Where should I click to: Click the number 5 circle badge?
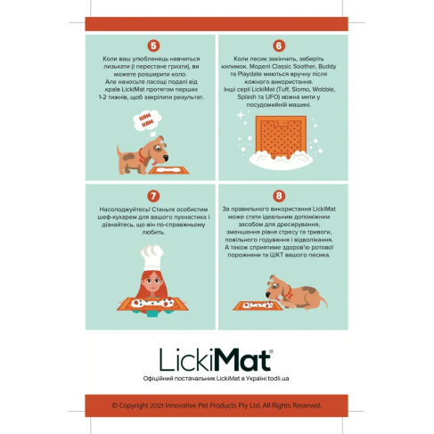pyautogui.click(x=152, y=45)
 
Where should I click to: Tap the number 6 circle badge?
pyautogui.click(x=279, y=45)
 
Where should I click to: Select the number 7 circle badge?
pyautogui.click(x=152, y=195)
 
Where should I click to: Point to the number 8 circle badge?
pyautogui.click(x=279, y=195)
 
